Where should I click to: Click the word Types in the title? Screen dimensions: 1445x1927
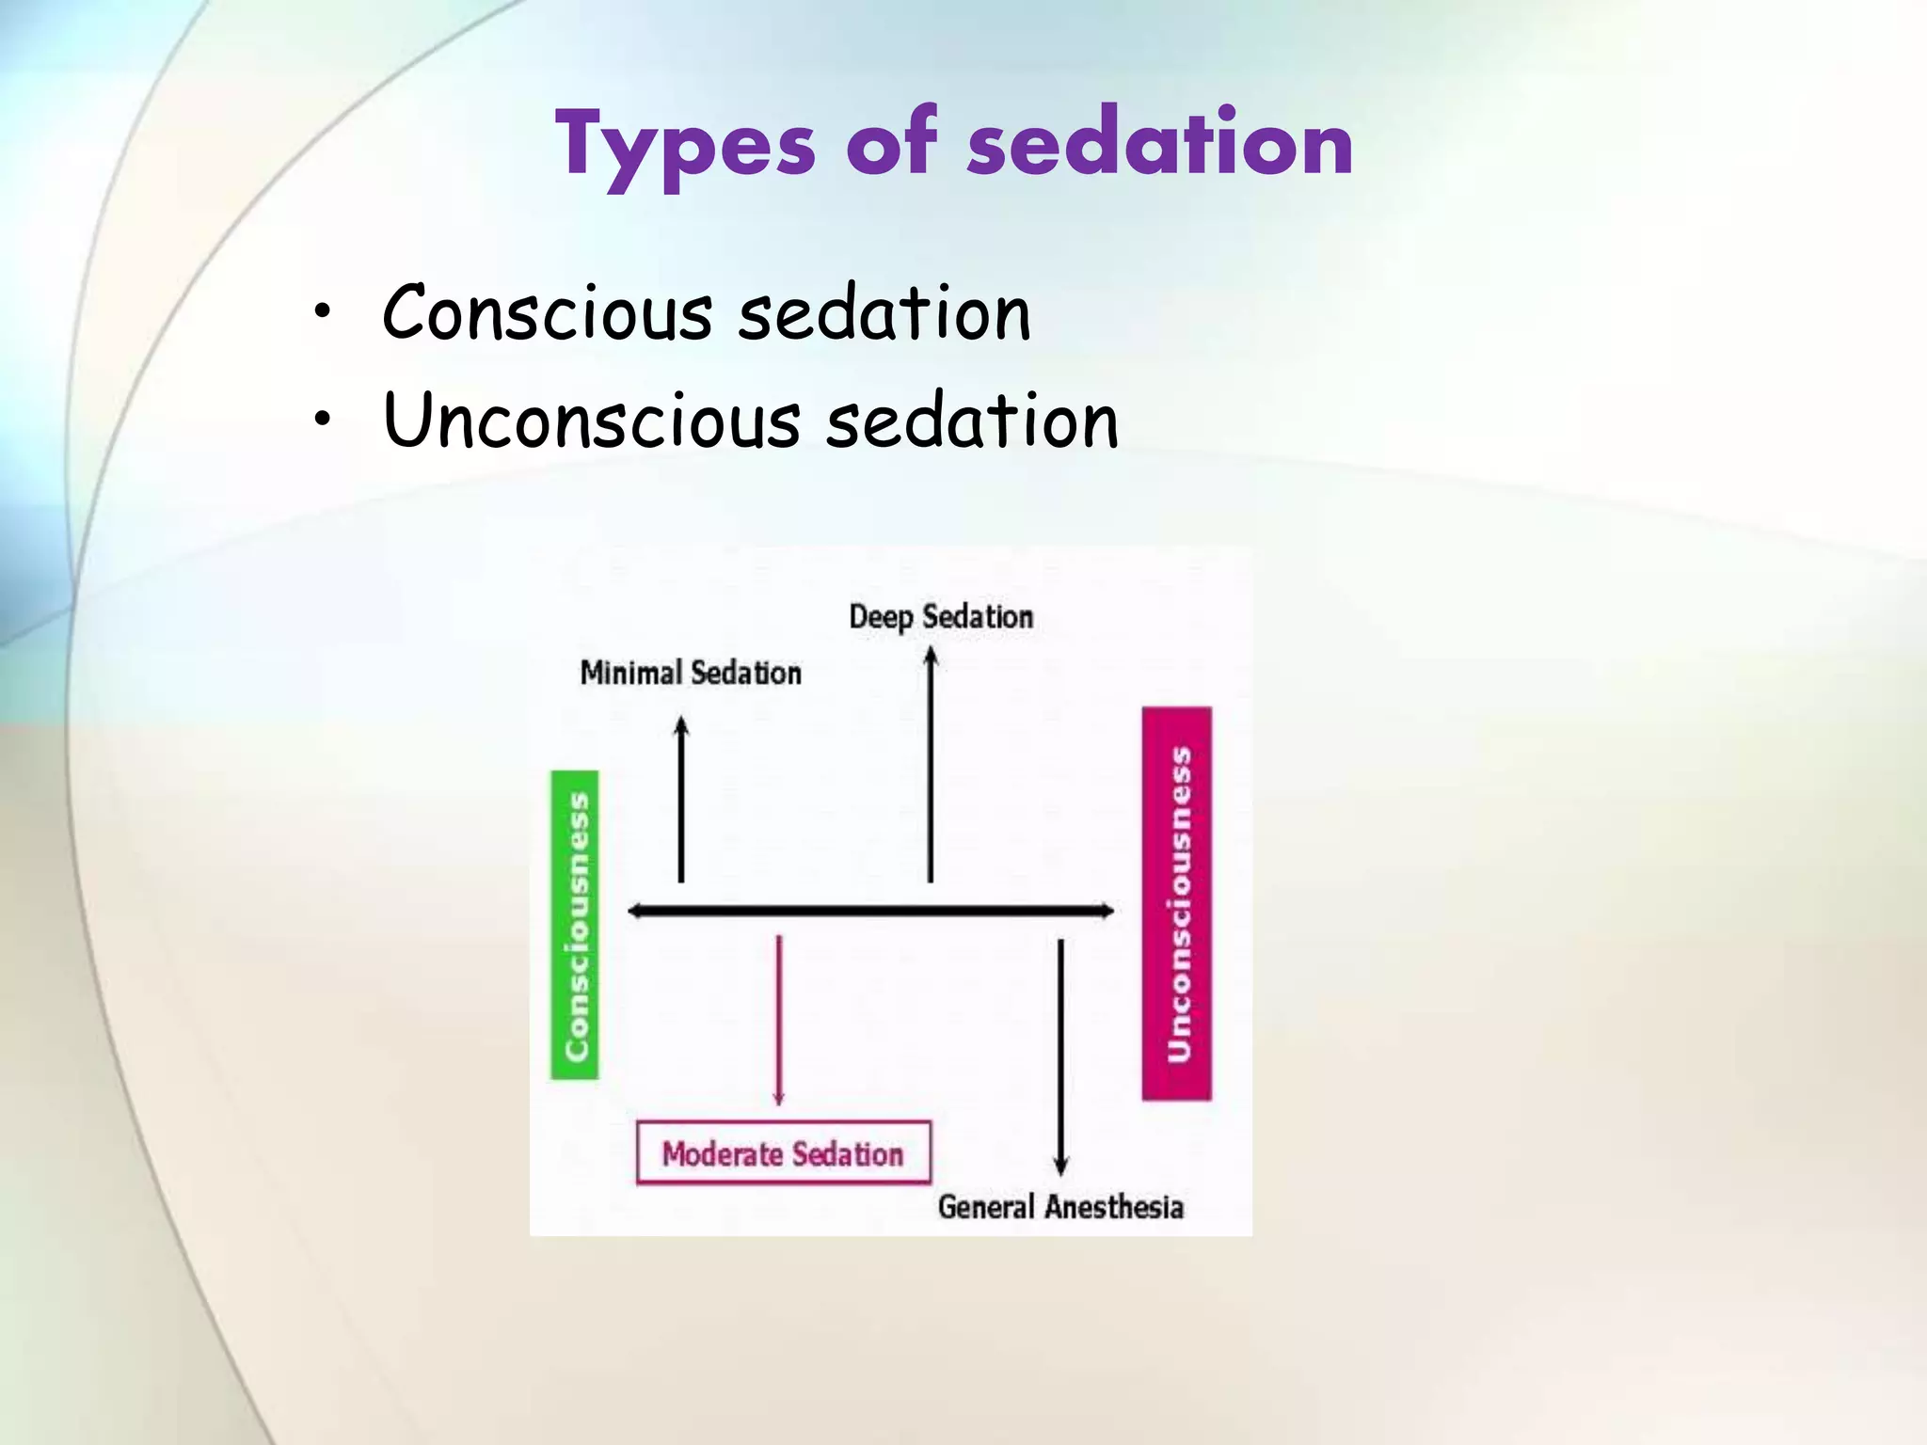pos(685,146)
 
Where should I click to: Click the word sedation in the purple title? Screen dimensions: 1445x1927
pos(1160,143)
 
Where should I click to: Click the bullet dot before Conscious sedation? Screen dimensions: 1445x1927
pos(323,312)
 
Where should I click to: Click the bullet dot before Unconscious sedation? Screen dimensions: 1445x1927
pos(323,420)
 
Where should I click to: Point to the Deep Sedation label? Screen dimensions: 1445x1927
pos(941,617)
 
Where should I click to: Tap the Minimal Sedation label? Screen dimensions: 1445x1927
pos(691,673)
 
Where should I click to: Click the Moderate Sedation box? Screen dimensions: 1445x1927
pos(783,1153)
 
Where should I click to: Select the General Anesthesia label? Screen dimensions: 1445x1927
pos(1060,1207)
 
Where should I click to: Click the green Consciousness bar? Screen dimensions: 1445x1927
pos(575,925)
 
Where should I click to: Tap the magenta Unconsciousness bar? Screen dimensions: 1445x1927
pos(1177,904)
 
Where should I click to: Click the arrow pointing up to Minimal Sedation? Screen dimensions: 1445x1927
pos(681,800)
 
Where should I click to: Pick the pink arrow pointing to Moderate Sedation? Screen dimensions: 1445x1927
pos(778,1021)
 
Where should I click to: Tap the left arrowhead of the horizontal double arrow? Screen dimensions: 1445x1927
pos(635,911)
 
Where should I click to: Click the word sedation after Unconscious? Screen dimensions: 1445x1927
pos(972,421)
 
